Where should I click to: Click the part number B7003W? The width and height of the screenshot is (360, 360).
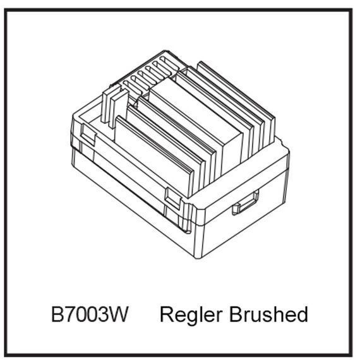90,314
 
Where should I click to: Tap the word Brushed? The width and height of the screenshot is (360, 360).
269,314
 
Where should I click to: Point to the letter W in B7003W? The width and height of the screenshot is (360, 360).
119,314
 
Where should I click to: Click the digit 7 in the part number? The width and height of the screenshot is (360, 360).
70,314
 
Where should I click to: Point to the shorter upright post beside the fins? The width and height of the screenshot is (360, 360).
119,109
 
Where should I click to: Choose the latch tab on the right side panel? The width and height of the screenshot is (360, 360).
245,203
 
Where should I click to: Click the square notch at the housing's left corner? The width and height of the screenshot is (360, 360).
88,135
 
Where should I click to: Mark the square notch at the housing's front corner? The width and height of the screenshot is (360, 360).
174,199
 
